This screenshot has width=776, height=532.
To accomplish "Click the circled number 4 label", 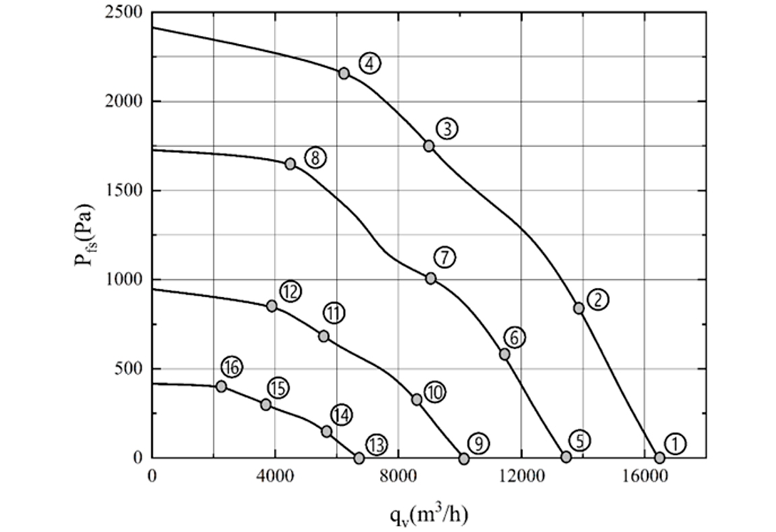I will tap(370, 63).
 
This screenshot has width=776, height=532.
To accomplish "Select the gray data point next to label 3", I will tap(428, 146).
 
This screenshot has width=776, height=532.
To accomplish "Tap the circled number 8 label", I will tap(315, 158).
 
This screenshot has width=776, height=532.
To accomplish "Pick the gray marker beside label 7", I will tap(431, 278).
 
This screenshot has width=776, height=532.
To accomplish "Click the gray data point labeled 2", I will tap(579, 307).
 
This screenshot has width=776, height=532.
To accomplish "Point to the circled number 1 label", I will tap(675, 443).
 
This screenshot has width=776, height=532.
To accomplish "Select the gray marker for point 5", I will tap(566, 456).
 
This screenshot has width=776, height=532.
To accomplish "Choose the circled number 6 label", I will tap(514, 338).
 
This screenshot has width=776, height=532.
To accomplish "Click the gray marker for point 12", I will tap(272, 306).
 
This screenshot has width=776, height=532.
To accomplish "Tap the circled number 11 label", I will tap(333, 313).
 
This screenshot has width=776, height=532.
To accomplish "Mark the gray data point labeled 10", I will tap(416, 400).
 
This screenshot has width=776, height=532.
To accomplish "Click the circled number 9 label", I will tap(478, 443).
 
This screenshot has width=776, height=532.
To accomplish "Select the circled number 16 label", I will tap(231, 367).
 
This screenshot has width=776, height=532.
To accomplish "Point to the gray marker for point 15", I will tap(266, 405).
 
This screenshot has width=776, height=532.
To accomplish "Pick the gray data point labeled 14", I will tap(327, 432).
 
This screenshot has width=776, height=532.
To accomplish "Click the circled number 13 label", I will tap(376, 444).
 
